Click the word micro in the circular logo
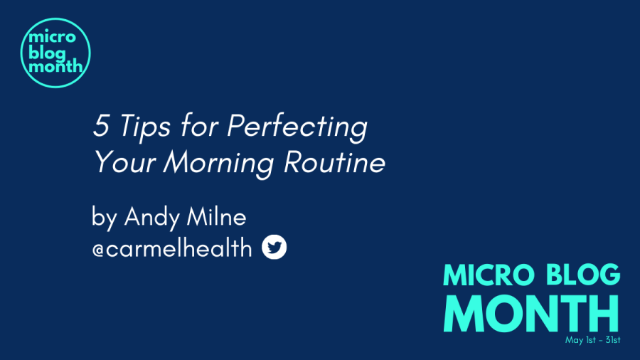point(52,37)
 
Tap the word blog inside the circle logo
point(48,53)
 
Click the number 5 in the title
point(102,125)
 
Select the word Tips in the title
point(145,127)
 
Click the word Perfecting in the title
point(297,127)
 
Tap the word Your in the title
point(125,162)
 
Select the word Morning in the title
point(219,164)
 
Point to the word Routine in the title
point(335,162)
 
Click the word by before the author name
point(105,218)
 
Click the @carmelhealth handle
point(172,248)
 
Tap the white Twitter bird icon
point(274,247)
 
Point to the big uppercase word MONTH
point(531,314)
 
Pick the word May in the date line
point(575,340)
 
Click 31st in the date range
point(613,339)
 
